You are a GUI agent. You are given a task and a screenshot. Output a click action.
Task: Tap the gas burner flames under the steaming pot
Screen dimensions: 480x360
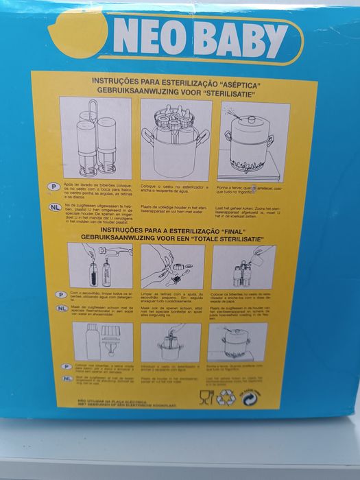(x=254, y=169)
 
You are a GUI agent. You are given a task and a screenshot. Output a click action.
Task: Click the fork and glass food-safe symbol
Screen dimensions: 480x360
(x=206, y=396)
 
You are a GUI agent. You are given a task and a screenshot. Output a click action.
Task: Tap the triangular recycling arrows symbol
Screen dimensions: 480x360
(x=226, y=397)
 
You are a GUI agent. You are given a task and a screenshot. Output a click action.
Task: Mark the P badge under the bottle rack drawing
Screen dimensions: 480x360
(x=71, y=187)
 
